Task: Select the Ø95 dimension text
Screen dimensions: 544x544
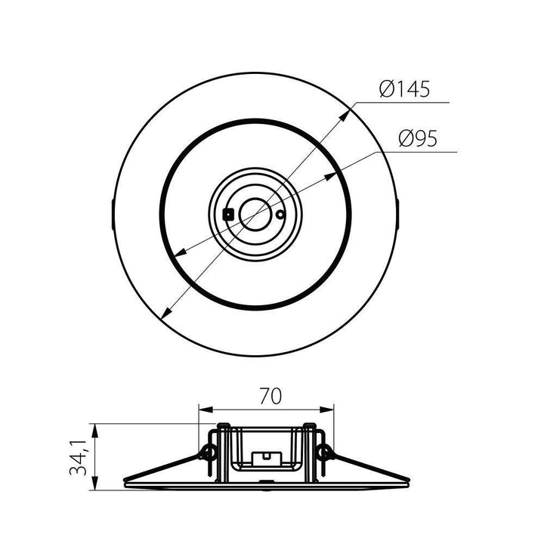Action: click(417, 139)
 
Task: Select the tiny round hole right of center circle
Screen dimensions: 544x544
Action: click(280, 215)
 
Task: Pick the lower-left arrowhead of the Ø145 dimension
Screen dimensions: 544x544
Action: click(164, 314)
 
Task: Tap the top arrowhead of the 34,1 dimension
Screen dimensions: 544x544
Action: click(94, 428)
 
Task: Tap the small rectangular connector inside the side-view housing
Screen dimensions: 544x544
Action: click(265, 456)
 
